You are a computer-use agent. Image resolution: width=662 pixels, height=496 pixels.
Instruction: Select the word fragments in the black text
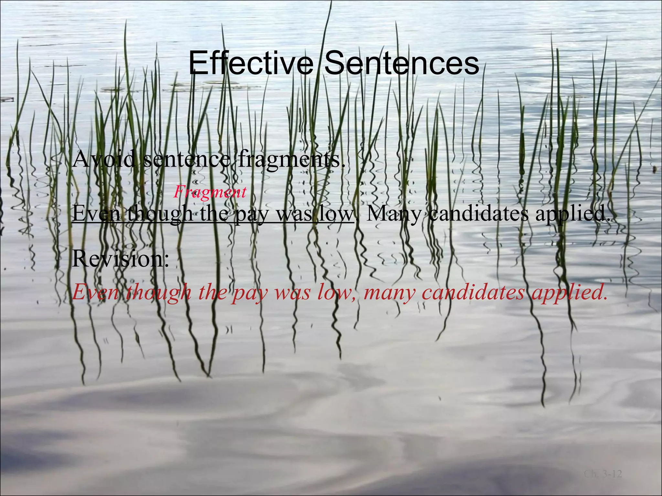coord(289,160)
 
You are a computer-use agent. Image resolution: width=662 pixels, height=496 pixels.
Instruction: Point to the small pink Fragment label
coord(210,193)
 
